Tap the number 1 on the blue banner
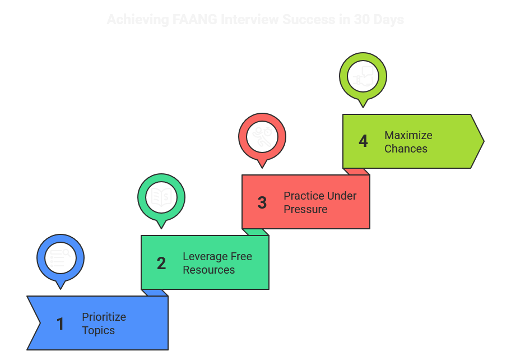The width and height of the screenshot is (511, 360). (61, 324)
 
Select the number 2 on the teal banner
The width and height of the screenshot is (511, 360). (161, 264)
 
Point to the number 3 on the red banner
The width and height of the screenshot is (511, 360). (262, 203)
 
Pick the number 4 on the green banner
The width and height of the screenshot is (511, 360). (363, 142)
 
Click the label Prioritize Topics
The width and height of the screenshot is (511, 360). (104, 324)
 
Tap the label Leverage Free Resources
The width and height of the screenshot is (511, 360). (217, 263)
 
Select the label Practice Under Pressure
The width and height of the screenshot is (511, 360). (320, 202)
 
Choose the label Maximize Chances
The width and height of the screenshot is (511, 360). (408, 142)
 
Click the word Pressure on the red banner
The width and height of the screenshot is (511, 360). (305, 209)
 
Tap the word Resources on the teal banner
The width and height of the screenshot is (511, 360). (209, 270)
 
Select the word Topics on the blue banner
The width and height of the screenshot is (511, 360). (98, 330)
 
